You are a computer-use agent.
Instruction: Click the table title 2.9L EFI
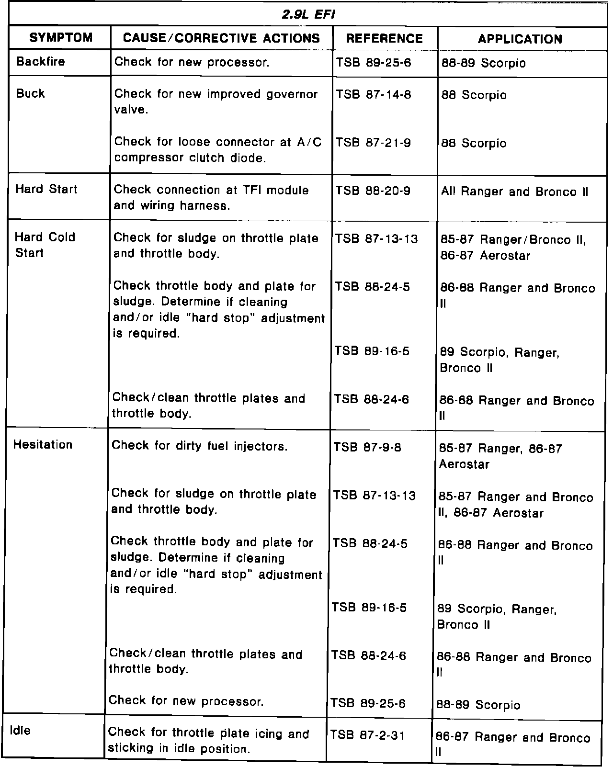[x=308, y=14]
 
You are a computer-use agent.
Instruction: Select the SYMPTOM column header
[x=60, y=38]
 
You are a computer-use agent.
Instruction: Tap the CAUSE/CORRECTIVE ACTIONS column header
[x=221, y=38]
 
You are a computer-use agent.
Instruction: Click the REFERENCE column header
[x=385, y=39]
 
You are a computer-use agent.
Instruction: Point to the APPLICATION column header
[x=520, y=39]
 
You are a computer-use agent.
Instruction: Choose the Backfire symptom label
[x=40, y=62]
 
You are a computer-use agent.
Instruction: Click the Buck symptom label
[x=30, y=93]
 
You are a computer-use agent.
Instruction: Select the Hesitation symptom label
[x=43, y=445]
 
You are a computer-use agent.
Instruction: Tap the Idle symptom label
[x=20, y=731]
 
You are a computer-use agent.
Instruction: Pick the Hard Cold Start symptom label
[x=45, y=245]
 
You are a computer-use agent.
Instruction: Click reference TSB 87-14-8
[x=374, y=94]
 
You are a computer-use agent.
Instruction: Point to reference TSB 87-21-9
[x=373, y=143]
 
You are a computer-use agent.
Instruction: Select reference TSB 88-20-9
[x=373, y=191]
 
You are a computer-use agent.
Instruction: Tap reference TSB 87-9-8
[x=367, y=448]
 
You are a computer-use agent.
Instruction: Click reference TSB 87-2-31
[x=367, y=735]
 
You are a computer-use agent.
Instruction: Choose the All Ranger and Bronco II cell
[x=514, y=192]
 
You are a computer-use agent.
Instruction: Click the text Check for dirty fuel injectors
[x=200, y=446]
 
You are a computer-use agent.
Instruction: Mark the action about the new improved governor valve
[x=216, y=102]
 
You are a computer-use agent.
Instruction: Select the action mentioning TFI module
[x=211, y=197]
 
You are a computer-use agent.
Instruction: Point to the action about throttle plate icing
[x=208, y=741]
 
